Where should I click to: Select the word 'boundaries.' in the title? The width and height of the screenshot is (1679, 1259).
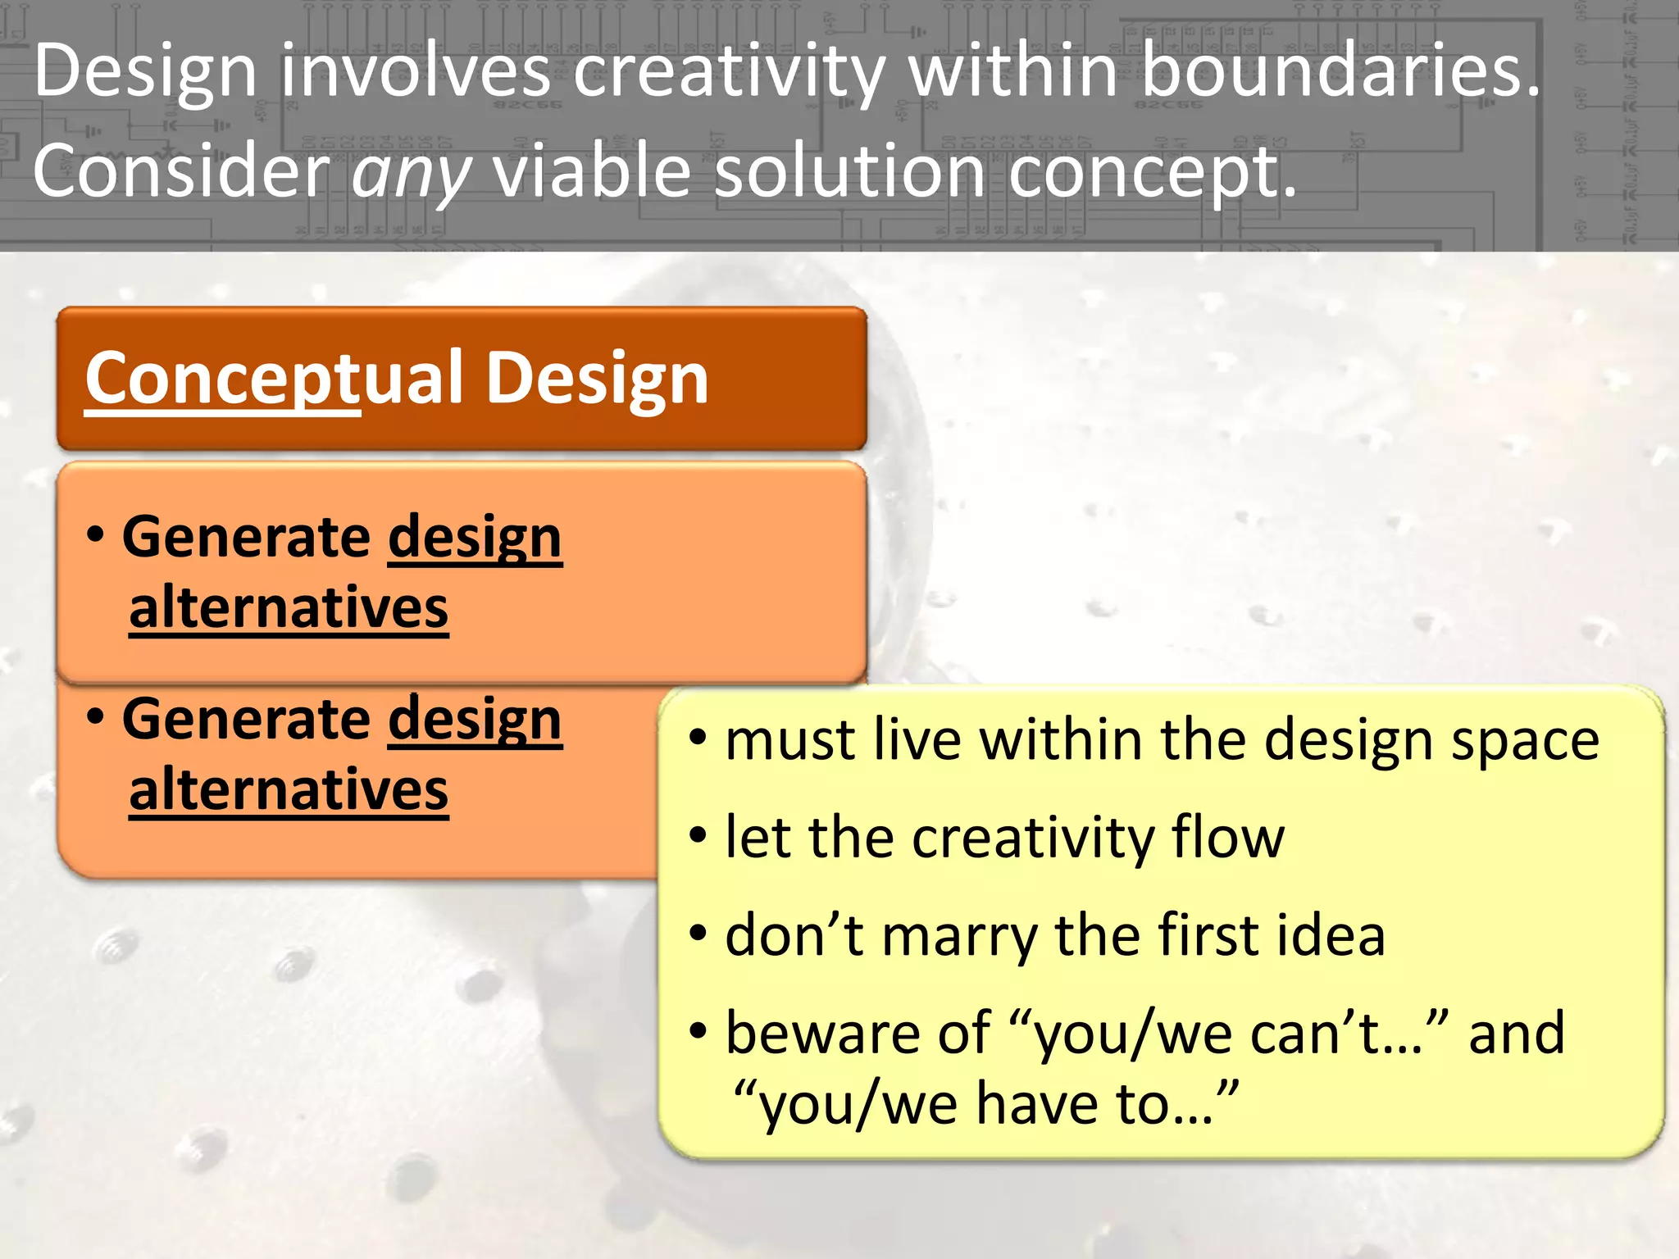[x=1341, y=72]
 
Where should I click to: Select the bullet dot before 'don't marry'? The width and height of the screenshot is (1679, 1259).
[x=698, y=933]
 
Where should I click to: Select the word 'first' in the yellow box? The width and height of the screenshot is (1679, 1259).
[x=1204, y=935]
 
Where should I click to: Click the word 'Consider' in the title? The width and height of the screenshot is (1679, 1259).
[x=181, y=172]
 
